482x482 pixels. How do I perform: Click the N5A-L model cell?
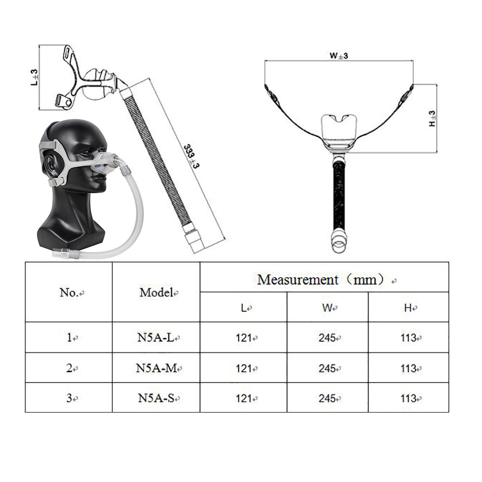[156, 337]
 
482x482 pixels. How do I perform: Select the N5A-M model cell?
[156, 368]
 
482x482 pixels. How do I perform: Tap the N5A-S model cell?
[156, 398]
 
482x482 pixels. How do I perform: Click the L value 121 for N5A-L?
[244, 338]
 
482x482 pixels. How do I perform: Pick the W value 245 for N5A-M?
[327, 368]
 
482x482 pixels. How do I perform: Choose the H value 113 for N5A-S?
[408, 399]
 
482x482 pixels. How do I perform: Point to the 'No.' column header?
[69, 293]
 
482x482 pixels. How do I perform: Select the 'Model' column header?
[156, 293]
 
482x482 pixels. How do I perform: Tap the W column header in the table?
[327, 308]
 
